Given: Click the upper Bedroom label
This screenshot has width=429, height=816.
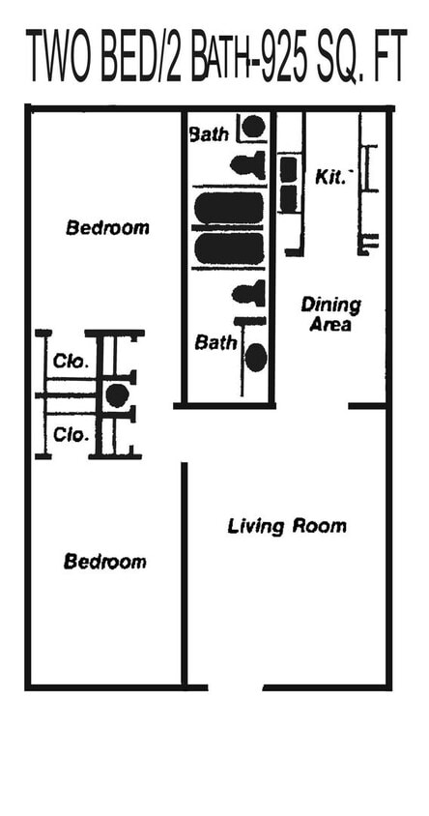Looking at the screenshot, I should (x=107, y=228).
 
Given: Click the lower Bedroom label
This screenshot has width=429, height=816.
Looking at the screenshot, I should (x=105, y=562).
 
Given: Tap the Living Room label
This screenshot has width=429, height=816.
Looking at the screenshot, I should (x=287, y=527).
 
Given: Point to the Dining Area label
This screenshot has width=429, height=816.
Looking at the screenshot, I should (x=330, y=314).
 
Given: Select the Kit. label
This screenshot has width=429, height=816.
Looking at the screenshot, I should (x=329, y=178).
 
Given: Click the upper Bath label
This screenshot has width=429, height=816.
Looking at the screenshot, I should (x=210, y=133).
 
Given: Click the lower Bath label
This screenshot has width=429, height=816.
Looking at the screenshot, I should (x=214, y=342).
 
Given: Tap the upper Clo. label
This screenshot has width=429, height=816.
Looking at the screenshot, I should (x=71, y=364).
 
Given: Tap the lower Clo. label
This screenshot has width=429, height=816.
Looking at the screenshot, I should (x=71, y=435).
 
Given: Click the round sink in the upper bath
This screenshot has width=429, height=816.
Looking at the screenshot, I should (x=253, y=126).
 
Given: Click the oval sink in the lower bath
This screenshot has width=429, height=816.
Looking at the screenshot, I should (x=256, y=358).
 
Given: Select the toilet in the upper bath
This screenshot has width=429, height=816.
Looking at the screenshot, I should (x=250, y=163).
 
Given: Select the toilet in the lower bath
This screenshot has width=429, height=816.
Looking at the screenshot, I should (x=250, y=292).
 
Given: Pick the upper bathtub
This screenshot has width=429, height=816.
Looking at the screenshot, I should (x=229, y=207).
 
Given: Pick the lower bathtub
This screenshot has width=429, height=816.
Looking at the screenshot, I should (x=229, y=248).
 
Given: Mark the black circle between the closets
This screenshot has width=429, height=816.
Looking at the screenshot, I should (x=117, y=394).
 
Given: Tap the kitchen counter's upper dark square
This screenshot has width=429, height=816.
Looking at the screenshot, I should (x=288, y=170).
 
